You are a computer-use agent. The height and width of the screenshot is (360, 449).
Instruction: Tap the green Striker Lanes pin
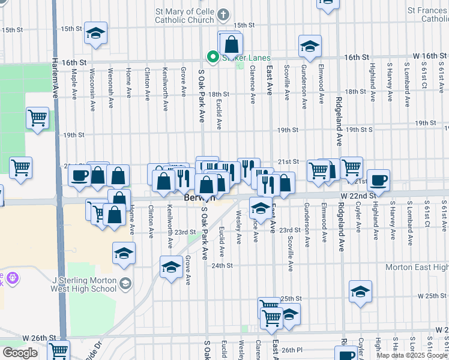(x=212, y=58)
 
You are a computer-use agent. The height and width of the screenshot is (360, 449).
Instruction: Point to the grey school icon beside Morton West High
(x=125, y=283)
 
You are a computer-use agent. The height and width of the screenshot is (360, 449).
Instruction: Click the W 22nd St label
(x=358, y=196)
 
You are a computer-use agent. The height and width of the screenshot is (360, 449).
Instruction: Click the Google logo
(x=20, y=352)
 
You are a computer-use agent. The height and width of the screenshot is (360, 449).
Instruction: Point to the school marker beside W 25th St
(x=360, y=292)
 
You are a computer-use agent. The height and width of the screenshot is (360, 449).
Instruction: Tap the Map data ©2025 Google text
(x=412, y=355)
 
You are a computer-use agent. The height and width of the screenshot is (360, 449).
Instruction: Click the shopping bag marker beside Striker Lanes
(x=231, y=43)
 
